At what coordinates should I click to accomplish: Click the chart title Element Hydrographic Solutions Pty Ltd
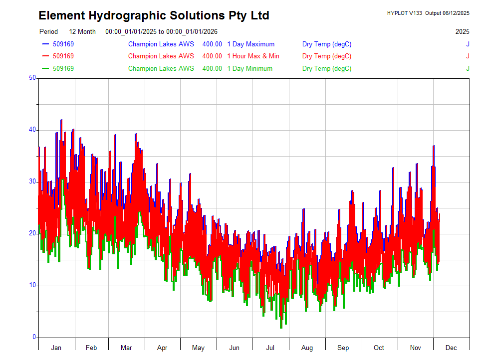tap(154, 15)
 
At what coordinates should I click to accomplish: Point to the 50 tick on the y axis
tap(33, 78)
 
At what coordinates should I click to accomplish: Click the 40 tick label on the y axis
tap(33, 130)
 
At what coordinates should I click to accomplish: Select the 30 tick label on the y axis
tap(33, 181)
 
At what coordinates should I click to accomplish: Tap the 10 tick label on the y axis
tap(33, 285)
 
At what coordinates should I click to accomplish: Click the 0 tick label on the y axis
tap(34, 337)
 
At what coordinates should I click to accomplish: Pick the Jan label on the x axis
tap(56, 348)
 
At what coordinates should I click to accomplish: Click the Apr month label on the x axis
tap(162, 348)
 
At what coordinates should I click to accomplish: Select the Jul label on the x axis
tap(270, 348)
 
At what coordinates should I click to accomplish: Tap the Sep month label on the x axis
tap(343, 348)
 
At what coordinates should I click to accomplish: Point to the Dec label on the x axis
tap(451, 348)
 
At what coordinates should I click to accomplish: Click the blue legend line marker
tap(45, 44)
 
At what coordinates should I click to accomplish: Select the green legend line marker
tap(45, 68)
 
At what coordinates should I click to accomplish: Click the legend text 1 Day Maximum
tap(250, 44)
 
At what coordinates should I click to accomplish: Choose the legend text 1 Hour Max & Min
tap(253, 56)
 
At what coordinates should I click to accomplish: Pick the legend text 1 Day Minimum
tap(249, 68)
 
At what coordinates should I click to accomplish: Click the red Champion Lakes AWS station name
tap(161, 56)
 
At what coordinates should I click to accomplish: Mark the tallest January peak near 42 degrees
tap(61, 120)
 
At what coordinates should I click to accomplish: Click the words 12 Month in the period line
tap(82, 31)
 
